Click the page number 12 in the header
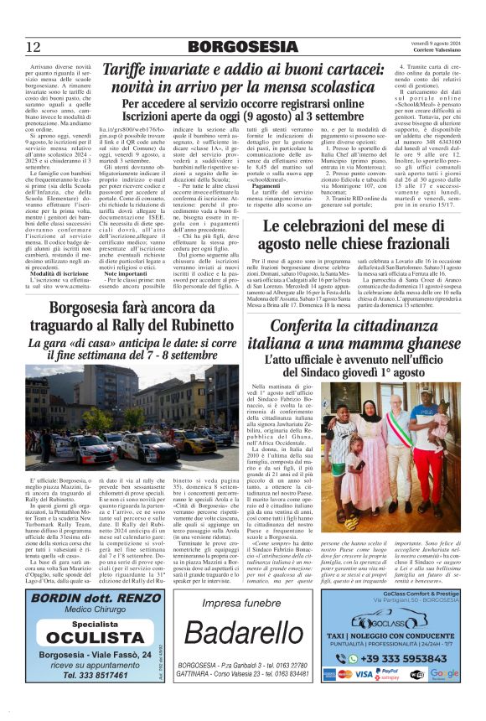[x=34, y=46]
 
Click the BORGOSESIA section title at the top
[x=242, y=46]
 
